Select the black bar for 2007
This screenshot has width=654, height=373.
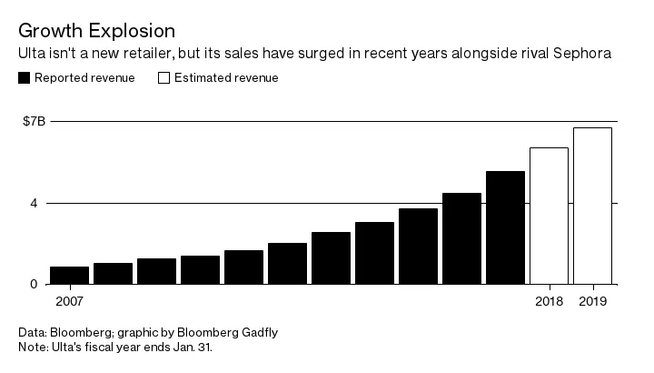click(x=69, y=275)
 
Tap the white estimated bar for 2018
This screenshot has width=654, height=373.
click(x=549, y=216)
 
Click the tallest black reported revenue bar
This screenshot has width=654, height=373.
click(x=505, y=227)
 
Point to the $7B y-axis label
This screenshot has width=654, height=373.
click(x=35, y=120)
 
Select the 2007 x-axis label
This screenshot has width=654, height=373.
click(x=69, y=300)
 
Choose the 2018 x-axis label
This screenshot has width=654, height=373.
click(x=549, y=300)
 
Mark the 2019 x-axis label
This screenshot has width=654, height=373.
click(x=592, y=300)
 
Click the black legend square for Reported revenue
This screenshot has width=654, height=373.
click(x=24, y=78)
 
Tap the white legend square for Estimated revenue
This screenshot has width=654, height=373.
click(x=164, y=78)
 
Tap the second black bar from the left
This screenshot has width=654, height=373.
click(x=113, y=273)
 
